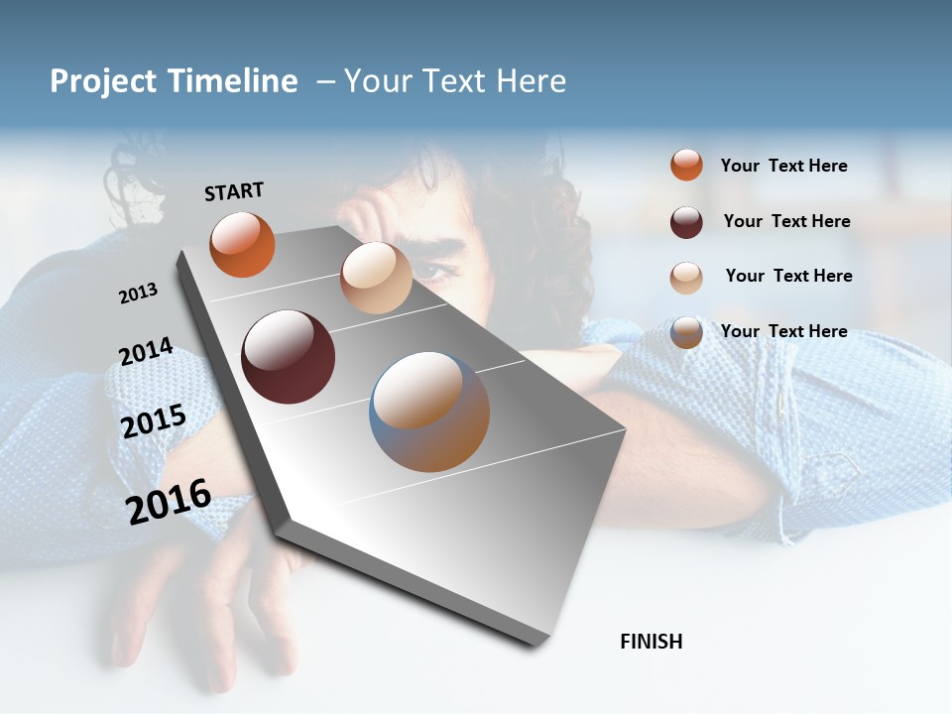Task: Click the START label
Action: coord(234,191)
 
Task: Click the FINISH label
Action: coord(652,642)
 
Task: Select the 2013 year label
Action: coord(138,294)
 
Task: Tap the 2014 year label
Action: coord(146,352)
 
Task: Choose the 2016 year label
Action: coord(169,502)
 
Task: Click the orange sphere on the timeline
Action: coord(242,245)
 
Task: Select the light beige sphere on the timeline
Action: coord(376,278)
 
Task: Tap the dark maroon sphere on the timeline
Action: coord(288,357)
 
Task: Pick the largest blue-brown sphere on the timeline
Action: coord(429,412)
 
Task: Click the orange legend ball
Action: coord(686,165)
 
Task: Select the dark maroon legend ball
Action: coord(686,222)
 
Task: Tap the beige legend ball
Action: coord(686,278)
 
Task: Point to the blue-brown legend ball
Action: coord(686,332)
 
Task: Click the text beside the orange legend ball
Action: coord(783,166)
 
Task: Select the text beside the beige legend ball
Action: coord(788,276)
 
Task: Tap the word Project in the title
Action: coord(104,81)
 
